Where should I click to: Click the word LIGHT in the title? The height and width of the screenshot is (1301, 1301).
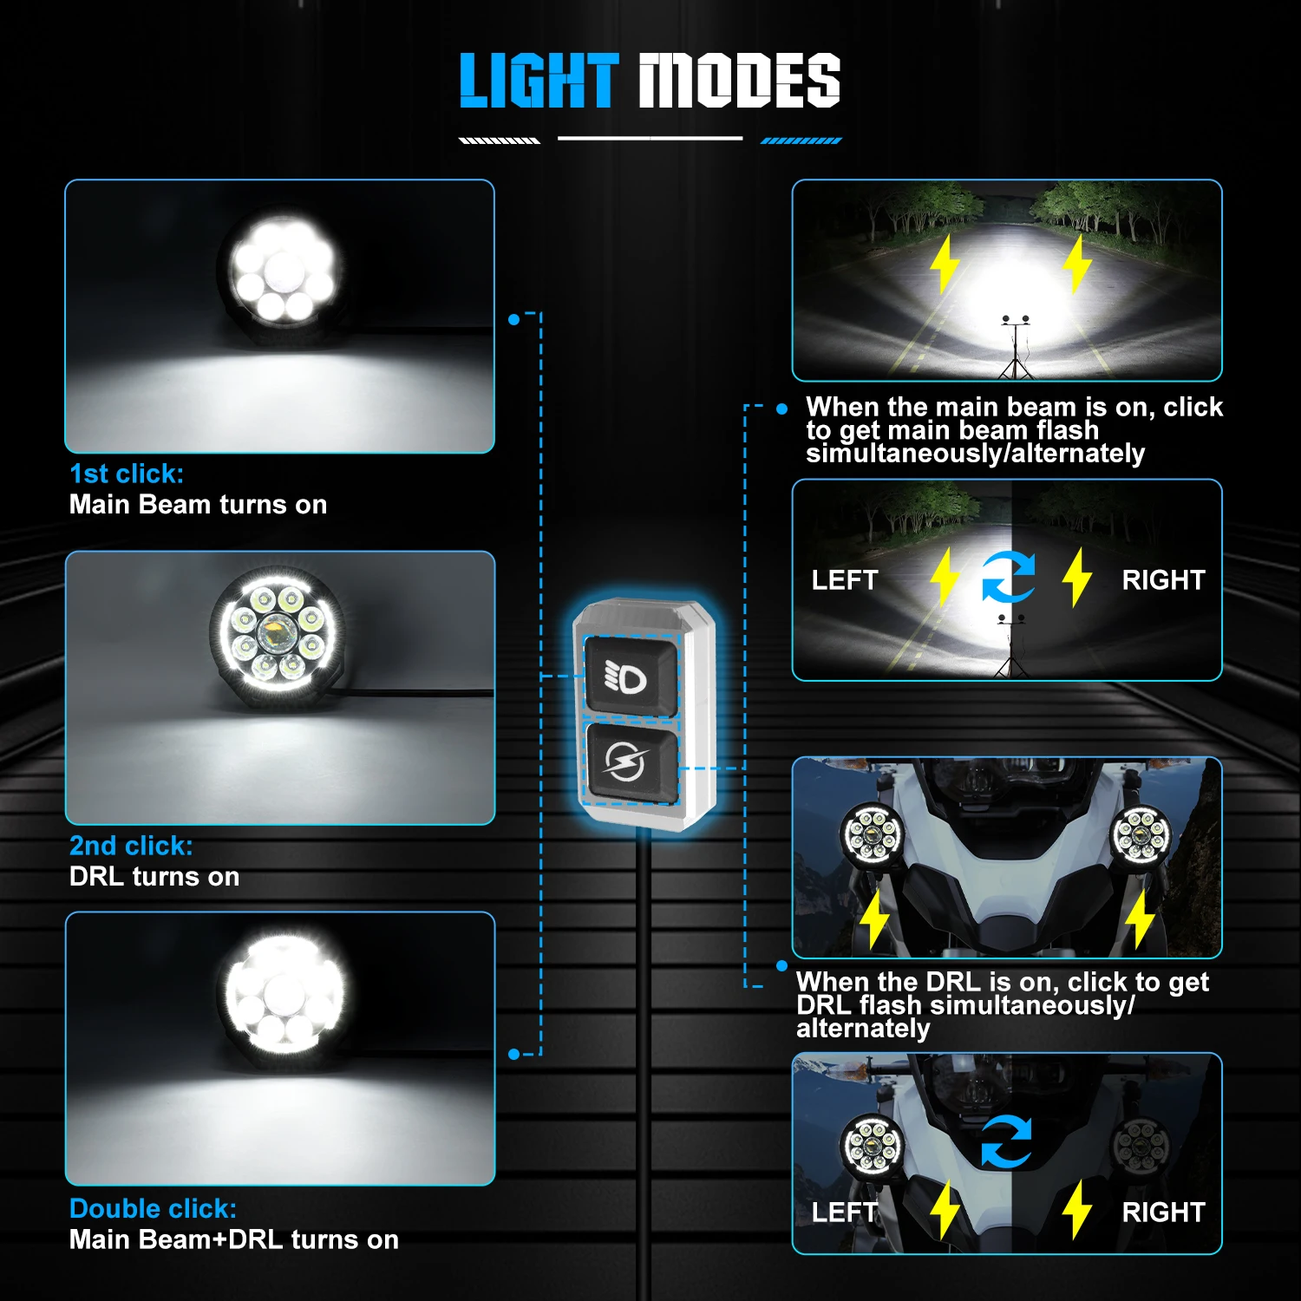pos(539,81)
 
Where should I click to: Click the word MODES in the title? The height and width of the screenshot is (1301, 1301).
pos(739,81)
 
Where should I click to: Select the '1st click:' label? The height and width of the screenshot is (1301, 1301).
pos(127,474)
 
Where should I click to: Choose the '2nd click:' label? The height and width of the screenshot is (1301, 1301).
pos(131,846)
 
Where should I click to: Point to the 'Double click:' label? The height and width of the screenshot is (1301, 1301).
pos(153,1208)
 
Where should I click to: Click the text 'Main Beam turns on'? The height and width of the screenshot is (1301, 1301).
pos(198,505)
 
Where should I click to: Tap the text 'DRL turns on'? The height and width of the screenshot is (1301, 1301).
pos(154,877)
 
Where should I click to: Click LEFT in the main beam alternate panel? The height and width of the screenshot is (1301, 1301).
pos(845,580)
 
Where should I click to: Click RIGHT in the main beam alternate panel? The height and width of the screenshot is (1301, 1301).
pos(1163,580)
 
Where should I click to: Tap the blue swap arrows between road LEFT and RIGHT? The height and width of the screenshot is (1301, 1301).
pos(1008,577)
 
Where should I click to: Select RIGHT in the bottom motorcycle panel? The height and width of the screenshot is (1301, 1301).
pos(1163,1213)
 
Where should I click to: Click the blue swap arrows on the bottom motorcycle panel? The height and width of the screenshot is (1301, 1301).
pos(1007,1141)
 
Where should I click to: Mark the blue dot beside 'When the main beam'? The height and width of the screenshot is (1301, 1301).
pos(782,409)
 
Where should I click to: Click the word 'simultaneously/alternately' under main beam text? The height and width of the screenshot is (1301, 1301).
pos(975,454)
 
